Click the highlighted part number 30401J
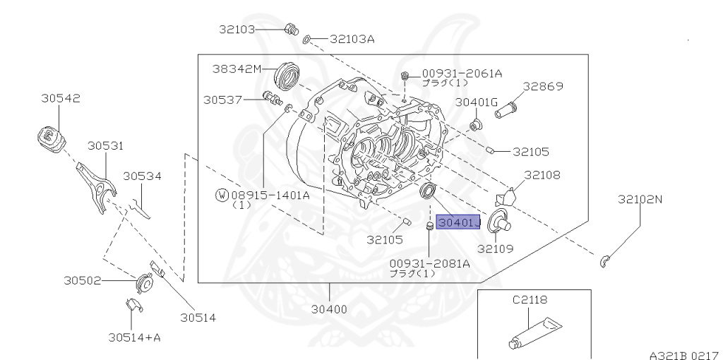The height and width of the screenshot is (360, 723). pyautogui.click(x=458, y=223)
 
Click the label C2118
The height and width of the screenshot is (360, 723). pyautogui.click(x=530, y=300)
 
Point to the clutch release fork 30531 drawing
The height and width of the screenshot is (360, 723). pyautogui.click(x=97, y=182)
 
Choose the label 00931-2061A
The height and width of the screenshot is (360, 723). pyautogui.click(x=462, y=73)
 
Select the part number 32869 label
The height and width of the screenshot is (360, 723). pyautogui.click(x=543, y=87)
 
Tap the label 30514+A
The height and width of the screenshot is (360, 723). pyautogui.click(x=134, y=337)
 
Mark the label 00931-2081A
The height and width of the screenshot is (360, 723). pyautogui.click(x=429, y=263)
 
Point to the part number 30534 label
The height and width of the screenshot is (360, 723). pyautogui.click(x=142, y=176)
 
